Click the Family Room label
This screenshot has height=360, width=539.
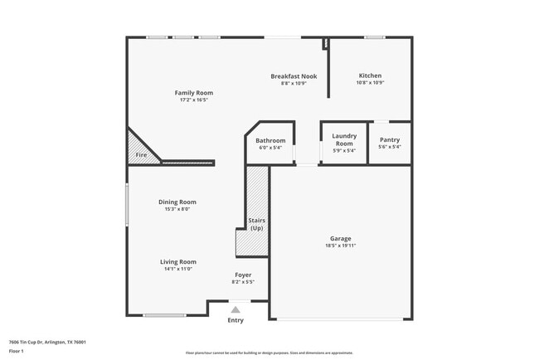click(193, 92)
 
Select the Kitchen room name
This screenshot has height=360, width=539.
click(370, 76)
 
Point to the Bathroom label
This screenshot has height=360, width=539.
click(270, 140)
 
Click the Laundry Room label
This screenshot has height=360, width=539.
click(343, 139)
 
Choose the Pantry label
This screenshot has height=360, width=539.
click(389, 140)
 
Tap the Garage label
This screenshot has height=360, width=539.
click(341, 240)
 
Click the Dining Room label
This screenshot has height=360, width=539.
click(177, 202)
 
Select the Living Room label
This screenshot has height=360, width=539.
click(177, 261)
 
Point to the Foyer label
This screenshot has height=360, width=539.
click(243, 275)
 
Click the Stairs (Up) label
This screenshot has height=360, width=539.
click(256, 224)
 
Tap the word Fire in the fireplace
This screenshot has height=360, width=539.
click(141, 155)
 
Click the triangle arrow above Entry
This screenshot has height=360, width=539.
click(236, 309)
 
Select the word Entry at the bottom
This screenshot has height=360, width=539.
click(236, 320)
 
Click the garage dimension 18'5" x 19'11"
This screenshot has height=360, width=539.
click(341, 247)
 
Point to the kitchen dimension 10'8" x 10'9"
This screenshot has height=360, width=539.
click(370, 83)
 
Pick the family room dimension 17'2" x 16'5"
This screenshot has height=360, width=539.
click(193, 100)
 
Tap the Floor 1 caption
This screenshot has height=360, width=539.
click(17, 352)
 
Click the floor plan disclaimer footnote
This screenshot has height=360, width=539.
click(269, 353)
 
